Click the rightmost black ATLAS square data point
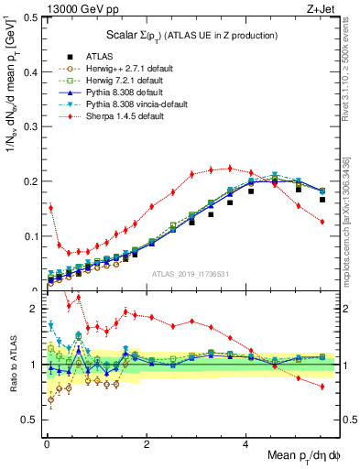[322, 199]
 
